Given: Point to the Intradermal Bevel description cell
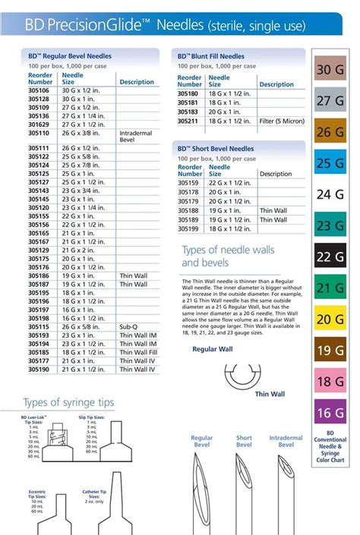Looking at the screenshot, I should point(134,137).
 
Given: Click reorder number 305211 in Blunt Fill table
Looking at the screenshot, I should point(190,119).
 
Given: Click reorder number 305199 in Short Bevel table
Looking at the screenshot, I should point(190,228).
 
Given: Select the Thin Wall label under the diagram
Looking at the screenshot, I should point(268,394).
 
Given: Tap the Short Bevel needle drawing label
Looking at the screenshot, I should point(244,441).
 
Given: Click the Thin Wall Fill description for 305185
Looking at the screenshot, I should point(138,353).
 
